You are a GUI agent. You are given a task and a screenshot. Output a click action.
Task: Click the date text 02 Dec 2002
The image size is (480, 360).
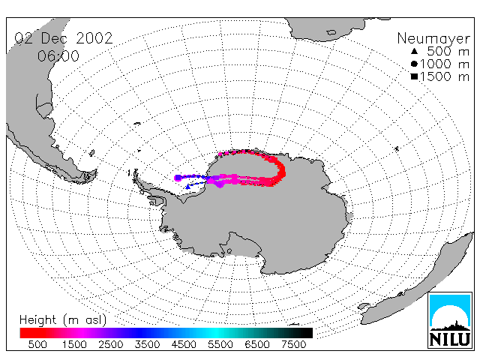(64, 38)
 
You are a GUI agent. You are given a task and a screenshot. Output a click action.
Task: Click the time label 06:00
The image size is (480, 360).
(58, 56)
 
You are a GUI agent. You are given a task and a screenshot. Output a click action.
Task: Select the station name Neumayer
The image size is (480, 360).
(433, 38)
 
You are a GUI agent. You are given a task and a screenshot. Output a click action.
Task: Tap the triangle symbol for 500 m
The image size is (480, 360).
(414, 51)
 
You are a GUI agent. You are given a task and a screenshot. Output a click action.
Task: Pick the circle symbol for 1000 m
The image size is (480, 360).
(414, 64)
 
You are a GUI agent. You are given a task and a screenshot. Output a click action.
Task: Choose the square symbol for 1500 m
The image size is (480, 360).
(414, 76)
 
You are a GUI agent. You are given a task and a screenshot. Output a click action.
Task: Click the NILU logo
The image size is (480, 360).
(450, 320)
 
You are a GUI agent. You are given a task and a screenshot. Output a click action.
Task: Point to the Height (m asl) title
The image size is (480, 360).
(63, 320)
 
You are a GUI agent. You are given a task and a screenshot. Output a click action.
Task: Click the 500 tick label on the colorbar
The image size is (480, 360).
(37, 344)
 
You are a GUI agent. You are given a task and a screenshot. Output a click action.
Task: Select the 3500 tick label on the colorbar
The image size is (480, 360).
(147, 344)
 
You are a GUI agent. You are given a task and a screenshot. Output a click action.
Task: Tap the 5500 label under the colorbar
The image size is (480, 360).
(220, 344)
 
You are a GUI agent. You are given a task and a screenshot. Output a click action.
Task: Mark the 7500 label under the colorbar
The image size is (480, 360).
(293, 344)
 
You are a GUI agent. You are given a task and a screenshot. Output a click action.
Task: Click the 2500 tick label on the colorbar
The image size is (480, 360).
(110, 344)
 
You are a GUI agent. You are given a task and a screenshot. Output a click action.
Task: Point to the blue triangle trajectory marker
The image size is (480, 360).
(187, 187)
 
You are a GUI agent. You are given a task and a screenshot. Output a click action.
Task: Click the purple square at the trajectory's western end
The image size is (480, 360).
(178, 178)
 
